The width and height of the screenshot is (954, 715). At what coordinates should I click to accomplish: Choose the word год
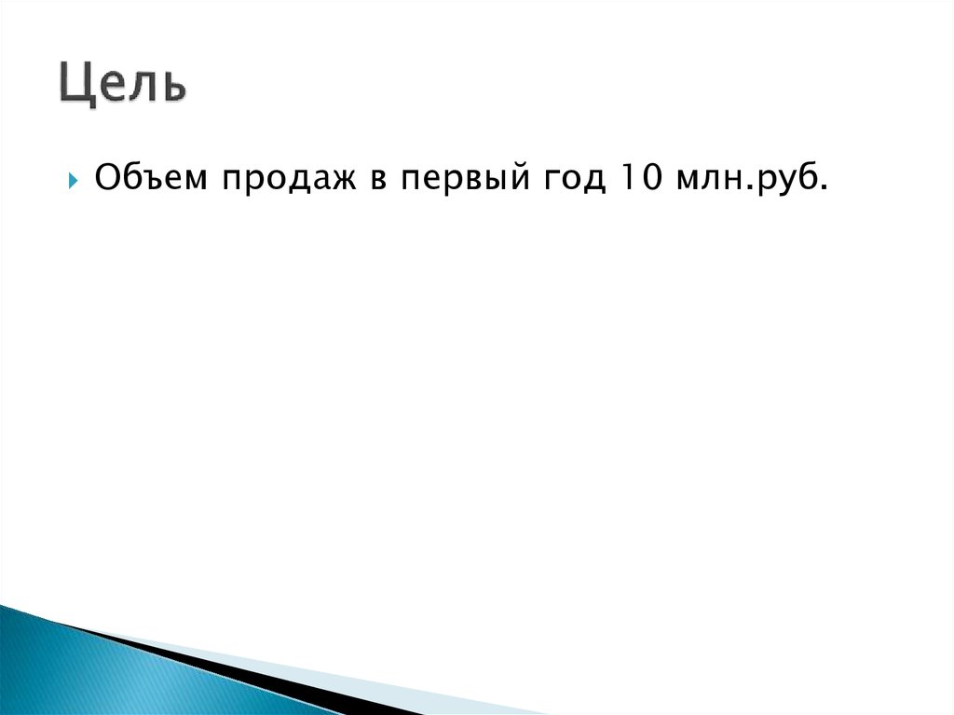[566, 177]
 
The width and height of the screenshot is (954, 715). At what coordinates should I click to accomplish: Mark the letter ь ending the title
[173, 85]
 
